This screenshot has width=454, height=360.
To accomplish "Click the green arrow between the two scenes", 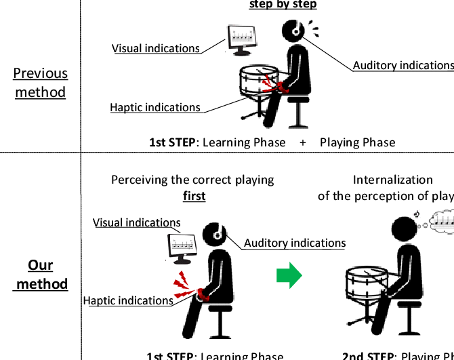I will (288, 275).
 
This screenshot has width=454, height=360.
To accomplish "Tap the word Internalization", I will (392, 180).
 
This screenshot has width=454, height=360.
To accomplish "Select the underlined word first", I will (194, 196).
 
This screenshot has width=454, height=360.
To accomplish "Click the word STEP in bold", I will (181, 142).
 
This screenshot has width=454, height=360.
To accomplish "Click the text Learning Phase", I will (243, 142).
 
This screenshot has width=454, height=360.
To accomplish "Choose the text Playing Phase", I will (357, 142).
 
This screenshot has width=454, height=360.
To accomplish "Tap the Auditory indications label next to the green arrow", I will (295, 243).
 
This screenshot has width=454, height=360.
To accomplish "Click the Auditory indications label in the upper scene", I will (403, 66).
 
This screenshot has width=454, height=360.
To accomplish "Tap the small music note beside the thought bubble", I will (417, 215).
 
